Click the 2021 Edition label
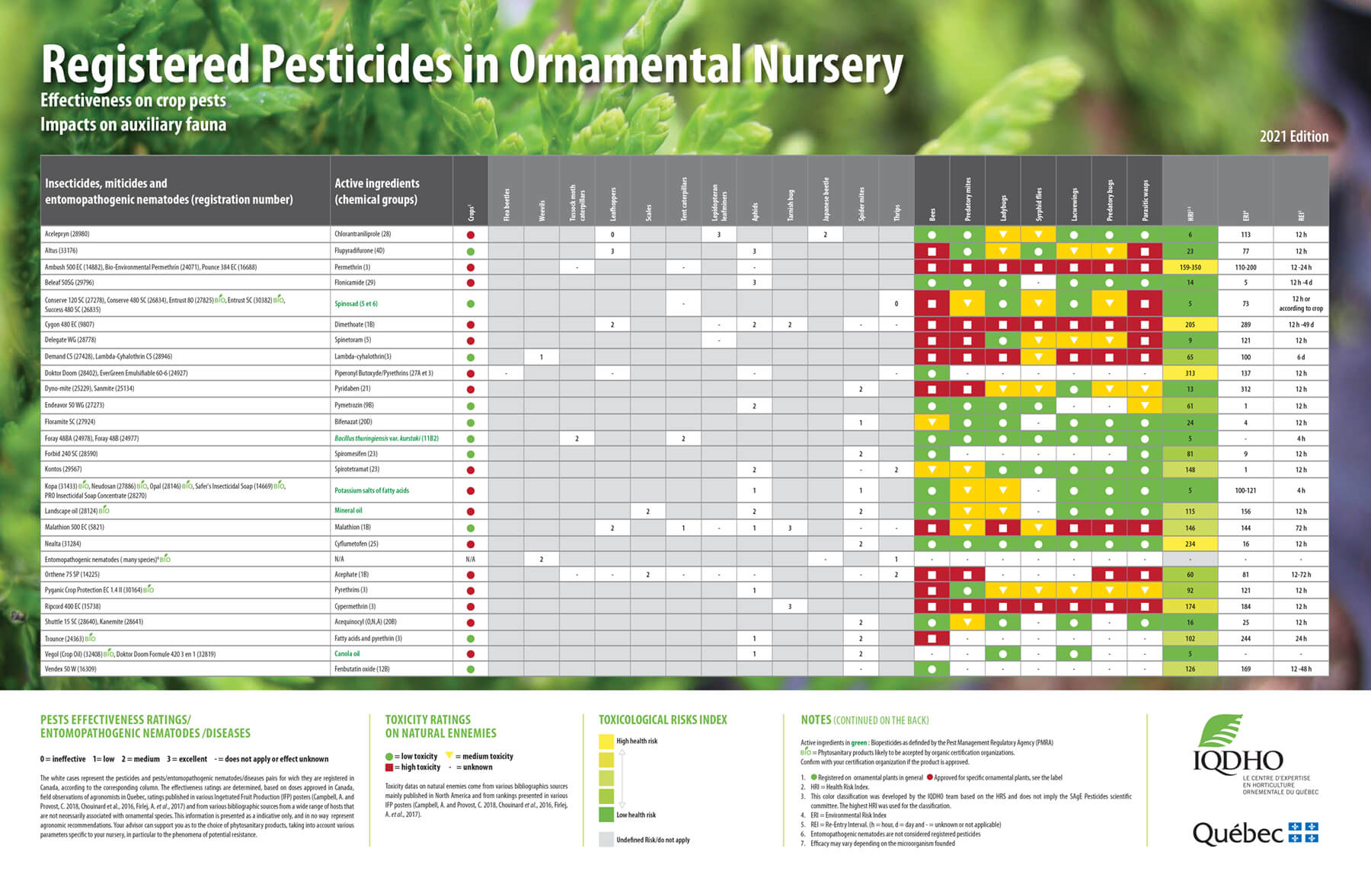click(x=1293, y=136)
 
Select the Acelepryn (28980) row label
click(x=67, y=235)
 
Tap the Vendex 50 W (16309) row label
click(x=71, y=669)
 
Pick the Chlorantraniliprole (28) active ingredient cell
click(x=363, y=235)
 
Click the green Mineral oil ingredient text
click(x=348, y=511)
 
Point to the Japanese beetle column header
click(x=826, y=199)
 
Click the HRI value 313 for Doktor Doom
click(x=1190, y=373)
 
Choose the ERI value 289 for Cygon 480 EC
click(x=1245, y=324)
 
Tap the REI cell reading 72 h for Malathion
click(x=1300, y=528)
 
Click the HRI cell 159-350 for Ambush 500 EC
click(x=1190, y=267)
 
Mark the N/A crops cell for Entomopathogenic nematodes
click(x=470, y=560)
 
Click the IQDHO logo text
click(x=1238, y=761)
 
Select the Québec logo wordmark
click(x=1238, y=834)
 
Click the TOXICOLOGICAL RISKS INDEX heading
click(x=663, y=719)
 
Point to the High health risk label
click(x=637, y=741)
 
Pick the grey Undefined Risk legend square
click(x=606, y=840)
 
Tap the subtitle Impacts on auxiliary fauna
click(x=133, y=125)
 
